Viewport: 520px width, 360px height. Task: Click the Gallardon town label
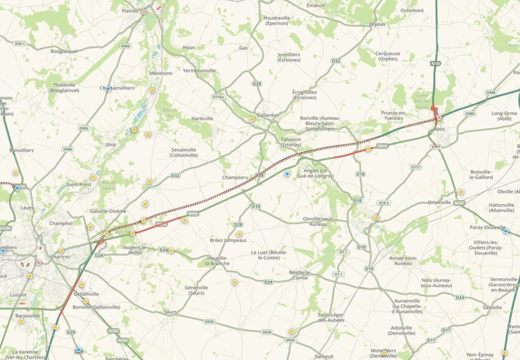pyautogui.click(x=268, y=115)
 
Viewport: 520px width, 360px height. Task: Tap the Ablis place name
pyautogui.click(x=440, y=129)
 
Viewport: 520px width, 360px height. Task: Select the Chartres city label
pyautogui.click(x=60, y=257)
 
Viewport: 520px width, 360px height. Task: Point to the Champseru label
pyautogui.click(x=235, y=178)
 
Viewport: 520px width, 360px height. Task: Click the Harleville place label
pyautogui.click(x=202, y=118)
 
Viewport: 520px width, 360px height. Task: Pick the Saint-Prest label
pyautogui.click(x=79, y=184)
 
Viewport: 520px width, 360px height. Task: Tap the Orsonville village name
pyautogui.click(x=439, y=202)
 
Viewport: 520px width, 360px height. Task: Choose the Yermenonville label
pyautogui.click(x=199, y=71)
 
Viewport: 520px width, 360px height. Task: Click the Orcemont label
pyautogui.click(x=412, y=10)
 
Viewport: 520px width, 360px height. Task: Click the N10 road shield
pyautogui.click(x=435, y=63)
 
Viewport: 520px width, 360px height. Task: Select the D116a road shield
pyautogui.click(x=218, y=96)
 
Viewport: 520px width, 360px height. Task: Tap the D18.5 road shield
pyautogui.click(x=384, y=203)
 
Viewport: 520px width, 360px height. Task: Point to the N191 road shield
pyautogui.click(x=459, y=203)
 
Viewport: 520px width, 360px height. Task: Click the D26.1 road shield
pyautogui.click(x=20, y=44)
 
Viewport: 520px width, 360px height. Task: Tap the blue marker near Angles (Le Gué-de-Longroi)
pyautogui.click(x=287, y=174)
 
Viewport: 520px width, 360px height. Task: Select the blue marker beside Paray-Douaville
pyautogui.click(x=505, y=231)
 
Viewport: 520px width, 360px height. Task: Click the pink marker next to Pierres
pyautogui.click(x=144, y=12)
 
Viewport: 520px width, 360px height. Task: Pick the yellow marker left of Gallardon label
pyautogui.click(x=252, y=119)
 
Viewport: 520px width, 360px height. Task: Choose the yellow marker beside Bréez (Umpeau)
pyautogui.click(x=239, y=234)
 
